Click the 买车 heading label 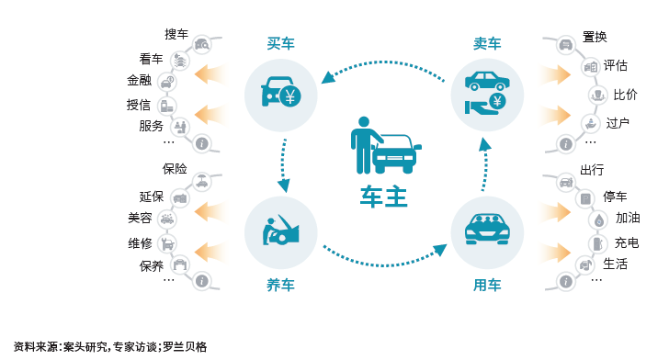(x=280, y=42)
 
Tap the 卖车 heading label (x=487, y=42)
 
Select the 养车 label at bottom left (x=280, y=286)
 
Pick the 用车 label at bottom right (x=487, y=286)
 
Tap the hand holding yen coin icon (x=487, y=105)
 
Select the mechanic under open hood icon (x=280, y=230)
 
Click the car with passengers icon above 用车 (x=487, y=229)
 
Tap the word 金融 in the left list (x=139, y=81)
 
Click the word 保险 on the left (x=175, y=169)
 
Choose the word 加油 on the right (x=628, y=219)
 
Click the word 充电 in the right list (x=627, y=243)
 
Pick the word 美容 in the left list (x=140, y=219)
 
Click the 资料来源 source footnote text (x=109, y=347)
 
